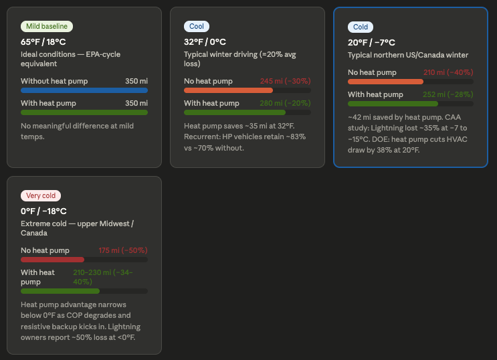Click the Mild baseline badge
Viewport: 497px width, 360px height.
[x=47, y=26]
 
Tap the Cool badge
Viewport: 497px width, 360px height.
[x=197, y=26]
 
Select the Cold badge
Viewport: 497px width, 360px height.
[x=361, y=27]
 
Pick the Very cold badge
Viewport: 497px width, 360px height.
[x=40, y=195]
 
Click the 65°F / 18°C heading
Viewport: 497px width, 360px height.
[x=43, y=41]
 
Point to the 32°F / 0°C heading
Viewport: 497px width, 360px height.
[x=205, y=41]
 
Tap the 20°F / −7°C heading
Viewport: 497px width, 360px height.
[x=371, y=42]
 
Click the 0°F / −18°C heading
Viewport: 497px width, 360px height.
[x=43, y=211]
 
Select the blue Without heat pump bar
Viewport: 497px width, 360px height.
[x=84, y=90]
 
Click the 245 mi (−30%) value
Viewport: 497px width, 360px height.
[x=285, y=81]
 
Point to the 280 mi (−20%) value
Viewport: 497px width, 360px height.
[x=285, y=103]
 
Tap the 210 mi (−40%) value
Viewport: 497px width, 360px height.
[x=448, y=72]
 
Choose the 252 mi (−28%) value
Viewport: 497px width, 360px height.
[x=448, y=94]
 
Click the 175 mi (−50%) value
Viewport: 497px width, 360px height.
[x=122, y=250]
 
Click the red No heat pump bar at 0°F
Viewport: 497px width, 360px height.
[x=53, y=259]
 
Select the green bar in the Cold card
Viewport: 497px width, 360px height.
[x=393, y=104]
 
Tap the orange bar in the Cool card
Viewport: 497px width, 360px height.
[x=228, y=90]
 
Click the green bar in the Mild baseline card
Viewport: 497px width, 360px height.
[x=84, y=112]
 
